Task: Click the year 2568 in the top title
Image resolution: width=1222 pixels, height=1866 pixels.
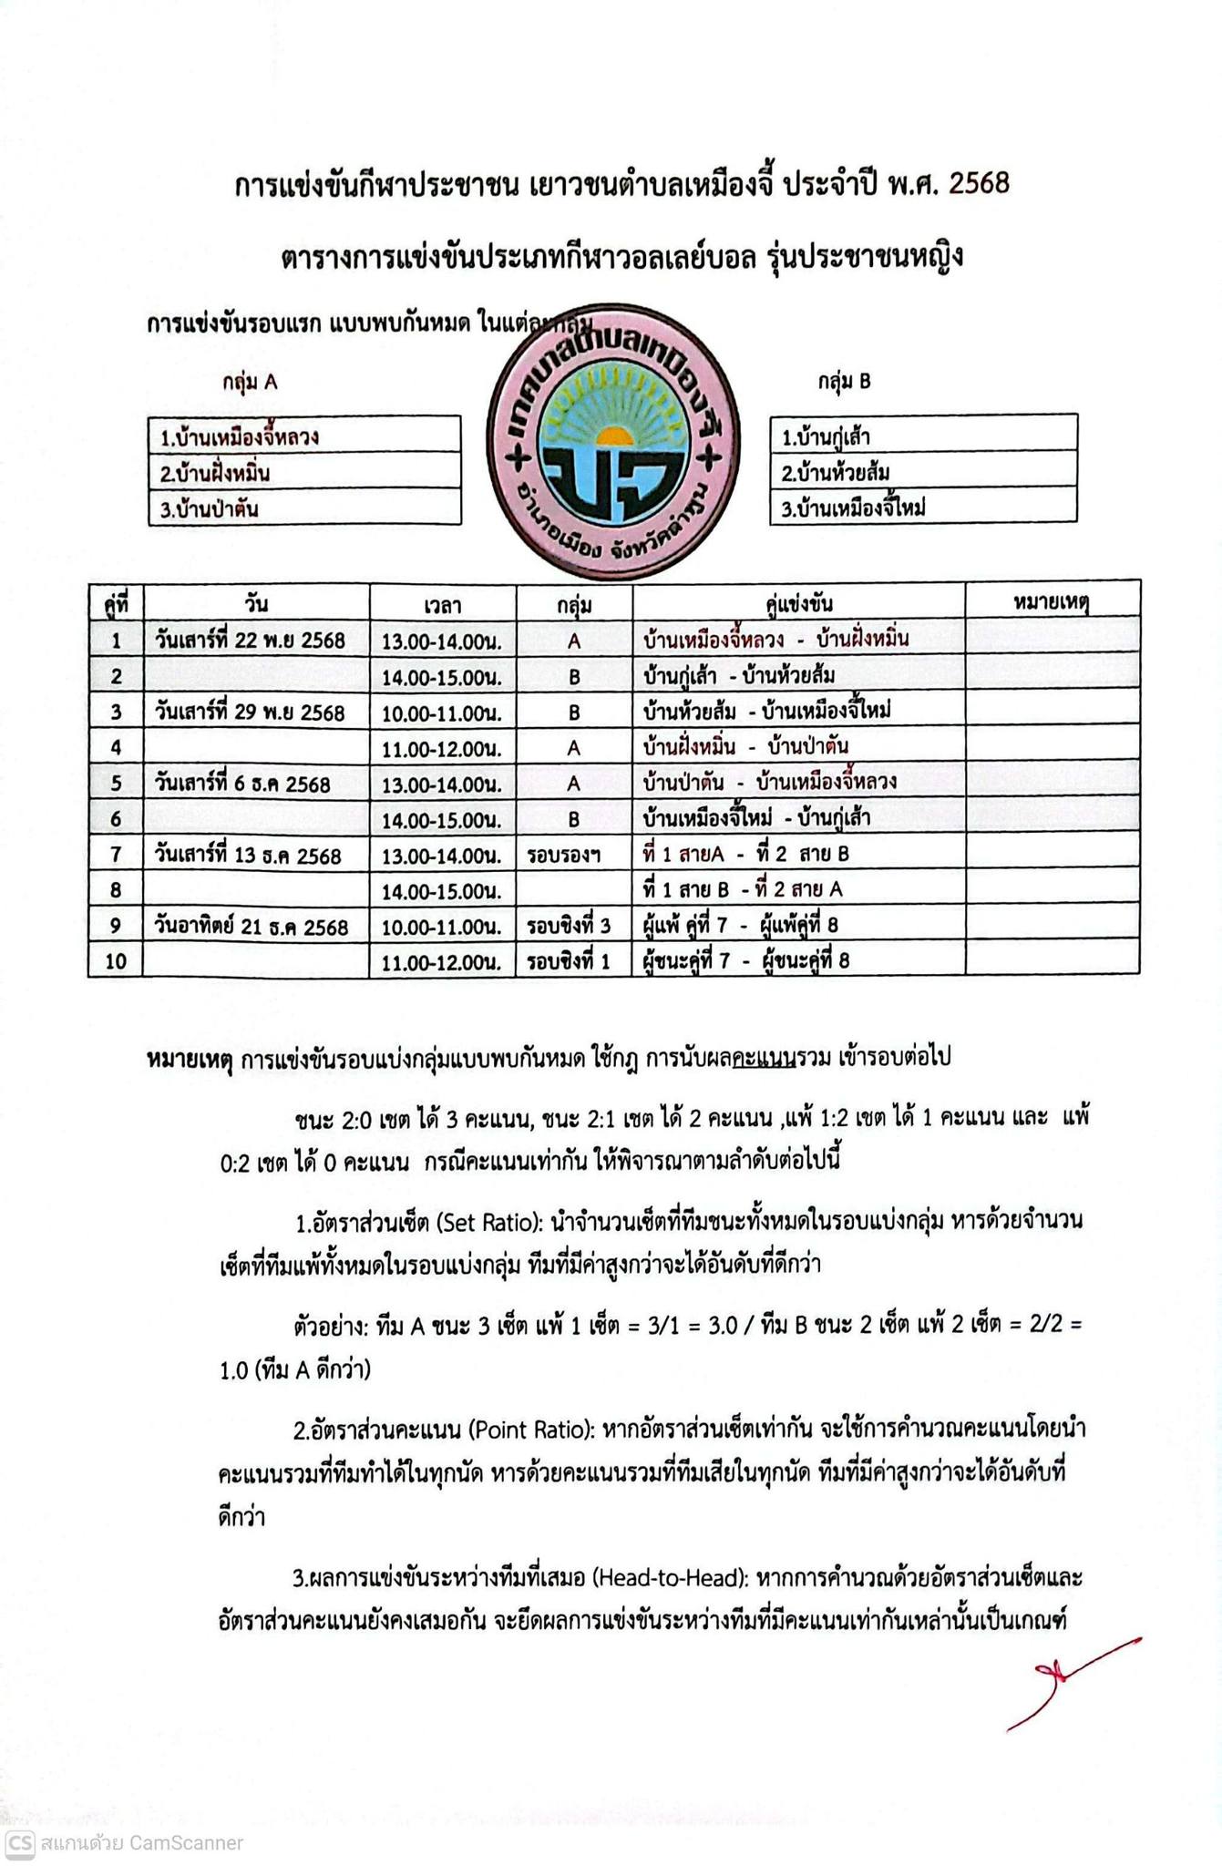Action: [979, 184]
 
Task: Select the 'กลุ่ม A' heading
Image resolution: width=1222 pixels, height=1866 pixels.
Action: [250, 382]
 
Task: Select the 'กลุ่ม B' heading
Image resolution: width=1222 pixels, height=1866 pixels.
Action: [844, 381]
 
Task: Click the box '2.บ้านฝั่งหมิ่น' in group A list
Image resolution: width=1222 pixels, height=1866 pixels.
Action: [304, 472]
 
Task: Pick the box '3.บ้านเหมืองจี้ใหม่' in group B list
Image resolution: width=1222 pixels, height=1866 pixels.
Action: [922, 508]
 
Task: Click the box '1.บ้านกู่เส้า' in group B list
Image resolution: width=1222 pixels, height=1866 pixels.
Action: [922, 436]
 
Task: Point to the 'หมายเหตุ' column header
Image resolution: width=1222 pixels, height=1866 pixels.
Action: [1052, 601]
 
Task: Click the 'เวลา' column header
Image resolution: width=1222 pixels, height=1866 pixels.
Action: [443, 604]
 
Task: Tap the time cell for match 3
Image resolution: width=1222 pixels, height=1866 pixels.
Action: [442, 712]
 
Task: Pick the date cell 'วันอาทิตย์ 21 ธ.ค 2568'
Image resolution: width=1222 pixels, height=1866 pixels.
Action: [252, 927]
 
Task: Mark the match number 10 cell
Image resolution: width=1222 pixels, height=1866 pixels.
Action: [116, 960]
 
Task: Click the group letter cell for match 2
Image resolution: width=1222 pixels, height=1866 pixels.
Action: [574, 676]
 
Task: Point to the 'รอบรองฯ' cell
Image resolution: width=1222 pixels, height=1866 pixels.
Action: [564, 855]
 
